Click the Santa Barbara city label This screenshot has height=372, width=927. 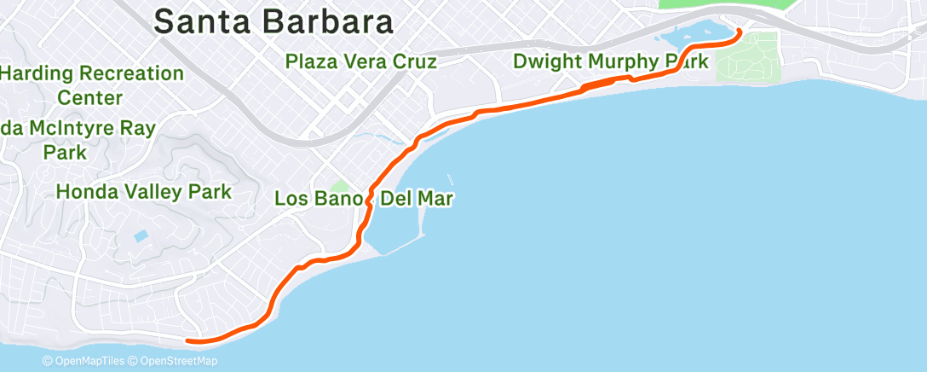click(x=273, y=21)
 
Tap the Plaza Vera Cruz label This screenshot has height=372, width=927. click(x=361, y=61)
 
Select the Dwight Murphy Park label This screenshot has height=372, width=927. click(x=610, y=61)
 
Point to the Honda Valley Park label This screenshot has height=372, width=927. click(x=143, y=191)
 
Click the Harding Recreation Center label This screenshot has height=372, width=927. click(x=91, y=85)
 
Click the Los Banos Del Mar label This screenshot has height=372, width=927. click(x=363, y=200)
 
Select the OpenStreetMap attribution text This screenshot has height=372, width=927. click(x=176, y=361)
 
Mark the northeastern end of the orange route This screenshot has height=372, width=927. click(x=739, y=32)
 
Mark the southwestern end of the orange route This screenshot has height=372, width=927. click(x=188, y=341)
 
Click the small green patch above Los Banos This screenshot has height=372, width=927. click(x=340, y=187)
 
